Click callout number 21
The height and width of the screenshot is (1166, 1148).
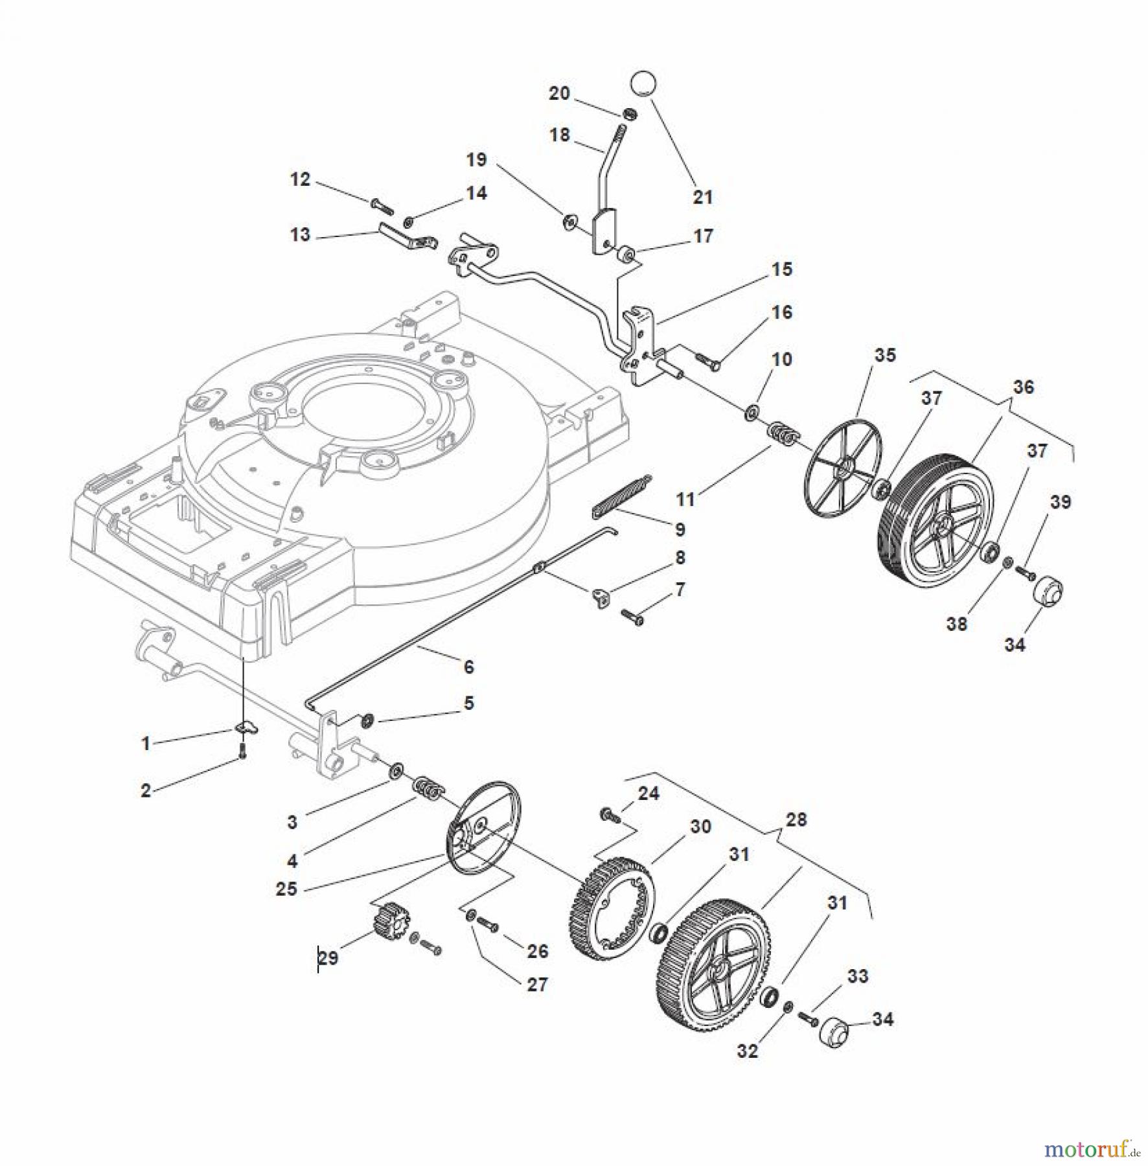[702, 196]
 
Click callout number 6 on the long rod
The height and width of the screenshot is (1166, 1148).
[468, 666]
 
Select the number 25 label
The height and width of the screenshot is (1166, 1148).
[286, 889]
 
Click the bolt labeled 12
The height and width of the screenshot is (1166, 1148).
[382, 205]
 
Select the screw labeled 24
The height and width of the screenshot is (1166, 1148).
[610, 814]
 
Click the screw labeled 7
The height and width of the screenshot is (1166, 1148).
[632, 617]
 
